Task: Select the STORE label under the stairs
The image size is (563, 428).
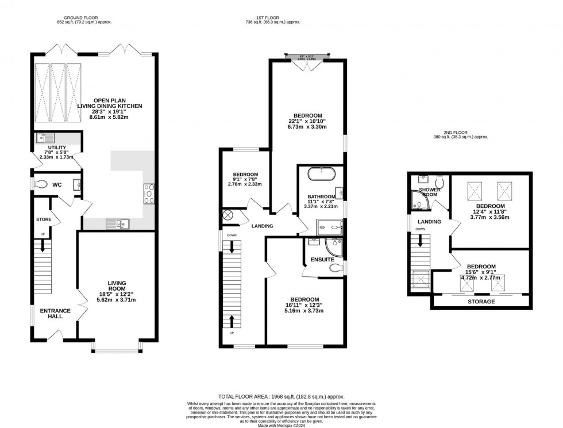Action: tap(44, 219)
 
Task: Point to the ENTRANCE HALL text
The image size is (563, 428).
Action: tap(55, 314)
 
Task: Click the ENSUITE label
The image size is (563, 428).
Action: tap(323, 260)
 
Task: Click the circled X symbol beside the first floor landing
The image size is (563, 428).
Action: tap(227, 215)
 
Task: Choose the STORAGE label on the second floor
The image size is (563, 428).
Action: tap(481, 302)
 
